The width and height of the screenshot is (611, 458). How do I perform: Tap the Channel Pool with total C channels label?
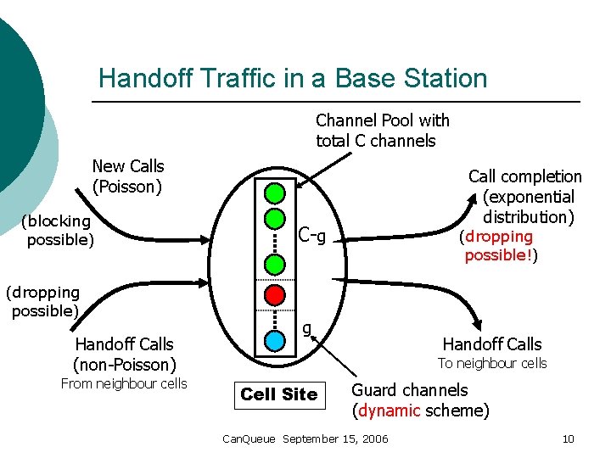(382, 131)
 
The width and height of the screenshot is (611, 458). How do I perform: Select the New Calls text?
(128, 166)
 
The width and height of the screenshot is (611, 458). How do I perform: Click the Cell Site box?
(278, 394)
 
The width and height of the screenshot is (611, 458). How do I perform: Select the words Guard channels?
(409, 390)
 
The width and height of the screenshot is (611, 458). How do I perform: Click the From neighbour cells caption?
(124, 383)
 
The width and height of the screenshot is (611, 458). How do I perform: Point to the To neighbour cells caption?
(492, 364)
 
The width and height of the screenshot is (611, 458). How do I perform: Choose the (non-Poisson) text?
(124, 365)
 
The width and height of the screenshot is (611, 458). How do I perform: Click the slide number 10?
(569, 438)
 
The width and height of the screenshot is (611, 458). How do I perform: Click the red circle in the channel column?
(273, 294)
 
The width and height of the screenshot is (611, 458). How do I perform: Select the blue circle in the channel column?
(273, 340)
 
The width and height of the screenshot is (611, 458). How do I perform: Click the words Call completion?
(524, 176)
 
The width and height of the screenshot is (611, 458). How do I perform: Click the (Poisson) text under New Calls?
(128, 186)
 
